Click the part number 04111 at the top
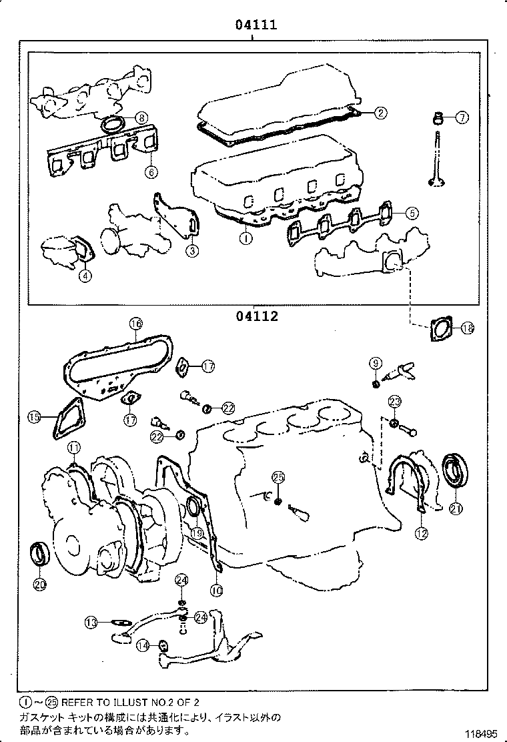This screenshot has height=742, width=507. coord(255,25)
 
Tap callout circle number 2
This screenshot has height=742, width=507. coord(379,113)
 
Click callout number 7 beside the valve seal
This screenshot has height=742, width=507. coord(462,117)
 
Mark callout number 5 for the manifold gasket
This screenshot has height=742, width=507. coord(411,213)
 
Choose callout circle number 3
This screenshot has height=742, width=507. coord(191,251)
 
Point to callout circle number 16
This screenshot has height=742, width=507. coord(135,324)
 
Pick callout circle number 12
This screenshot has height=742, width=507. coord(421,532)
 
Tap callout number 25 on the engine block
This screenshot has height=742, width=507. coord(278,476)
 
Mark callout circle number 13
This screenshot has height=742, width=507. coord(91,623)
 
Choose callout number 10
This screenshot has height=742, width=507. coord(215,590)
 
